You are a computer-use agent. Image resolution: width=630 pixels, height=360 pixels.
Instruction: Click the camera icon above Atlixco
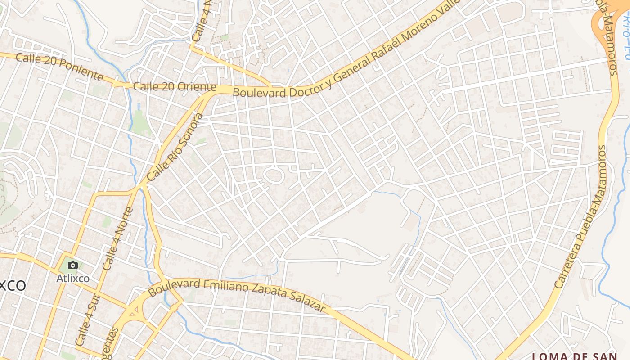[73, 265]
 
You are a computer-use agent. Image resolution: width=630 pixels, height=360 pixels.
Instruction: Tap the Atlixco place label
[73, 279]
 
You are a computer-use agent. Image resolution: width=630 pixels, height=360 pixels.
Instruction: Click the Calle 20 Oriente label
[175, 87]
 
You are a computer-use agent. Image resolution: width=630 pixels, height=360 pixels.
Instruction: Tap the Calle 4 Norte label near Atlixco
[117, 238]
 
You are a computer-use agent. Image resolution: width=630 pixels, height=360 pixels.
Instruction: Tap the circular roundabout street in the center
[273, 175]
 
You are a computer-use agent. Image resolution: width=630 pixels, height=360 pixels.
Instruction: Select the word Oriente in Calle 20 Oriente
[196, 87]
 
